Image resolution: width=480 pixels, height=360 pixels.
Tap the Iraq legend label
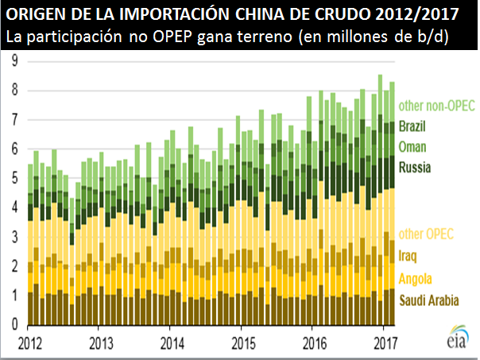408,255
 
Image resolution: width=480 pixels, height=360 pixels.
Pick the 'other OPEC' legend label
426,233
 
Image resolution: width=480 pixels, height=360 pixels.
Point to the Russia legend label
415,168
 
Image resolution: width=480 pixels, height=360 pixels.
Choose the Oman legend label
412,147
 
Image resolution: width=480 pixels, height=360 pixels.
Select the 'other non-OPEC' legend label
435,105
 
